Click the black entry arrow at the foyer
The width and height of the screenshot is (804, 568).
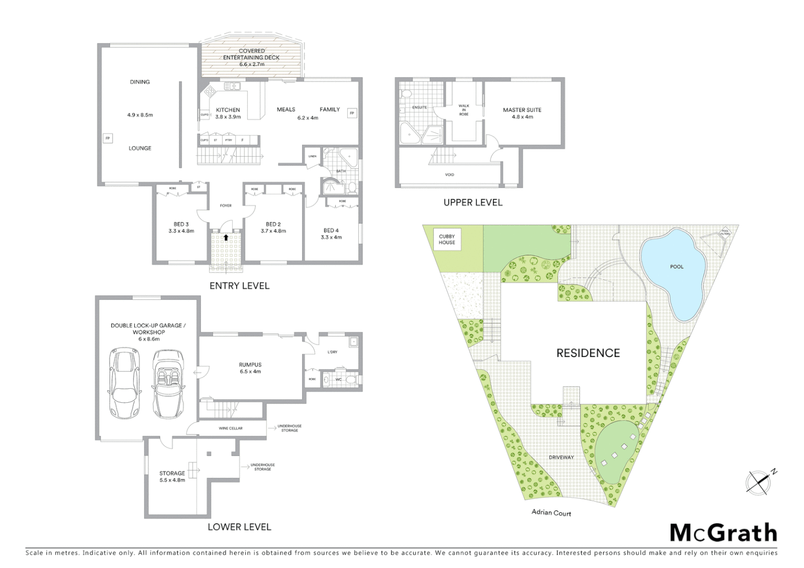[x=226, y=237]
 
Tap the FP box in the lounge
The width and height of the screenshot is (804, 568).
[x=107, y=138]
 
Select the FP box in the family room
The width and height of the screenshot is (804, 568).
[x=352, y=113]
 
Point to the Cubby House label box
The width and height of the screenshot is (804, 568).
[x=447, y=239]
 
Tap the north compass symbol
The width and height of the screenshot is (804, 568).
[x=760, y=481]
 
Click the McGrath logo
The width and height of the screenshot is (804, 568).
[x=723, y=533]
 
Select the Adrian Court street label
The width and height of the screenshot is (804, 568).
[x=551, y=513]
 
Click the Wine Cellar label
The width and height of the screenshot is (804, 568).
[x=230, y=428]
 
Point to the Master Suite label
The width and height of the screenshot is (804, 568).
[x=522, y=113]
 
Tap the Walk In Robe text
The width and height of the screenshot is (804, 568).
[x=464, y=110]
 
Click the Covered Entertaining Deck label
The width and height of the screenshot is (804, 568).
[x=252, y=57]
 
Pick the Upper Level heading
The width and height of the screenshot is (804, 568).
[x=473, y=202]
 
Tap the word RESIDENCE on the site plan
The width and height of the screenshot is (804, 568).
[x=588, y=353]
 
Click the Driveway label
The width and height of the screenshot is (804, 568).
[x=561, y=457]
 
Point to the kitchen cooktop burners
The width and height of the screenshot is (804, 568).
[x=209, y=93]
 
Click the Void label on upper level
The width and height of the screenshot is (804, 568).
[x=449, y=175]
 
